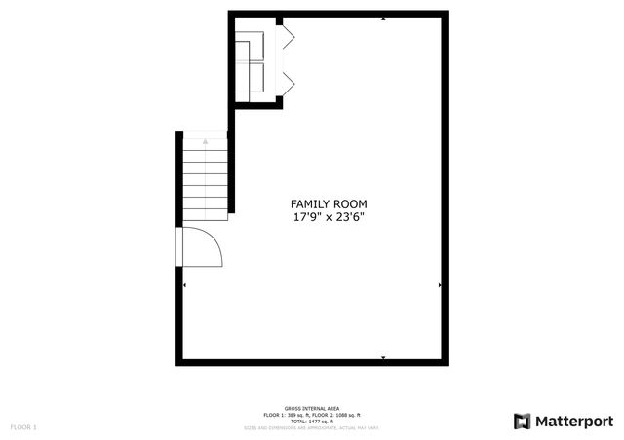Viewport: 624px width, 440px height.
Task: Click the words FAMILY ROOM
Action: (330, 203)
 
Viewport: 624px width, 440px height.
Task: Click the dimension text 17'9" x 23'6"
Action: (330, 217)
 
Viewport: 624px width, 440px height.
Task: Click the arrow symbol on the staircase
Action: (205, 141)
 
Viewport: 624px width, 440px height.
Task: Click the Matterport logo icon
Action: (524, 421)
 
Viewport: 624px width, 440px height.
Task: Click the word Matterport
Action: (575, 421)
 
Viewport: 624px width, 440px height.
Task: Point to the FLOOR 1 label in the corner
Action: (23, 427)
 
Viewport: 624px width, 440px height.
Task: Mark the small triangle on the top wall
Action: (383, 18)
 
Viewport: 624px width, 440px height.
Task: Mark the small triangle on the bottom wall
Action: (383, 358)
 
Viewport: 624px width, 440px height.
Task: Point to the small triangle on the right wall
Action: (441, 285)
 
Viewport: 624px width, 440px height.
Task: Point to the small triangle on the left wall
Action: (184, 285)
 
